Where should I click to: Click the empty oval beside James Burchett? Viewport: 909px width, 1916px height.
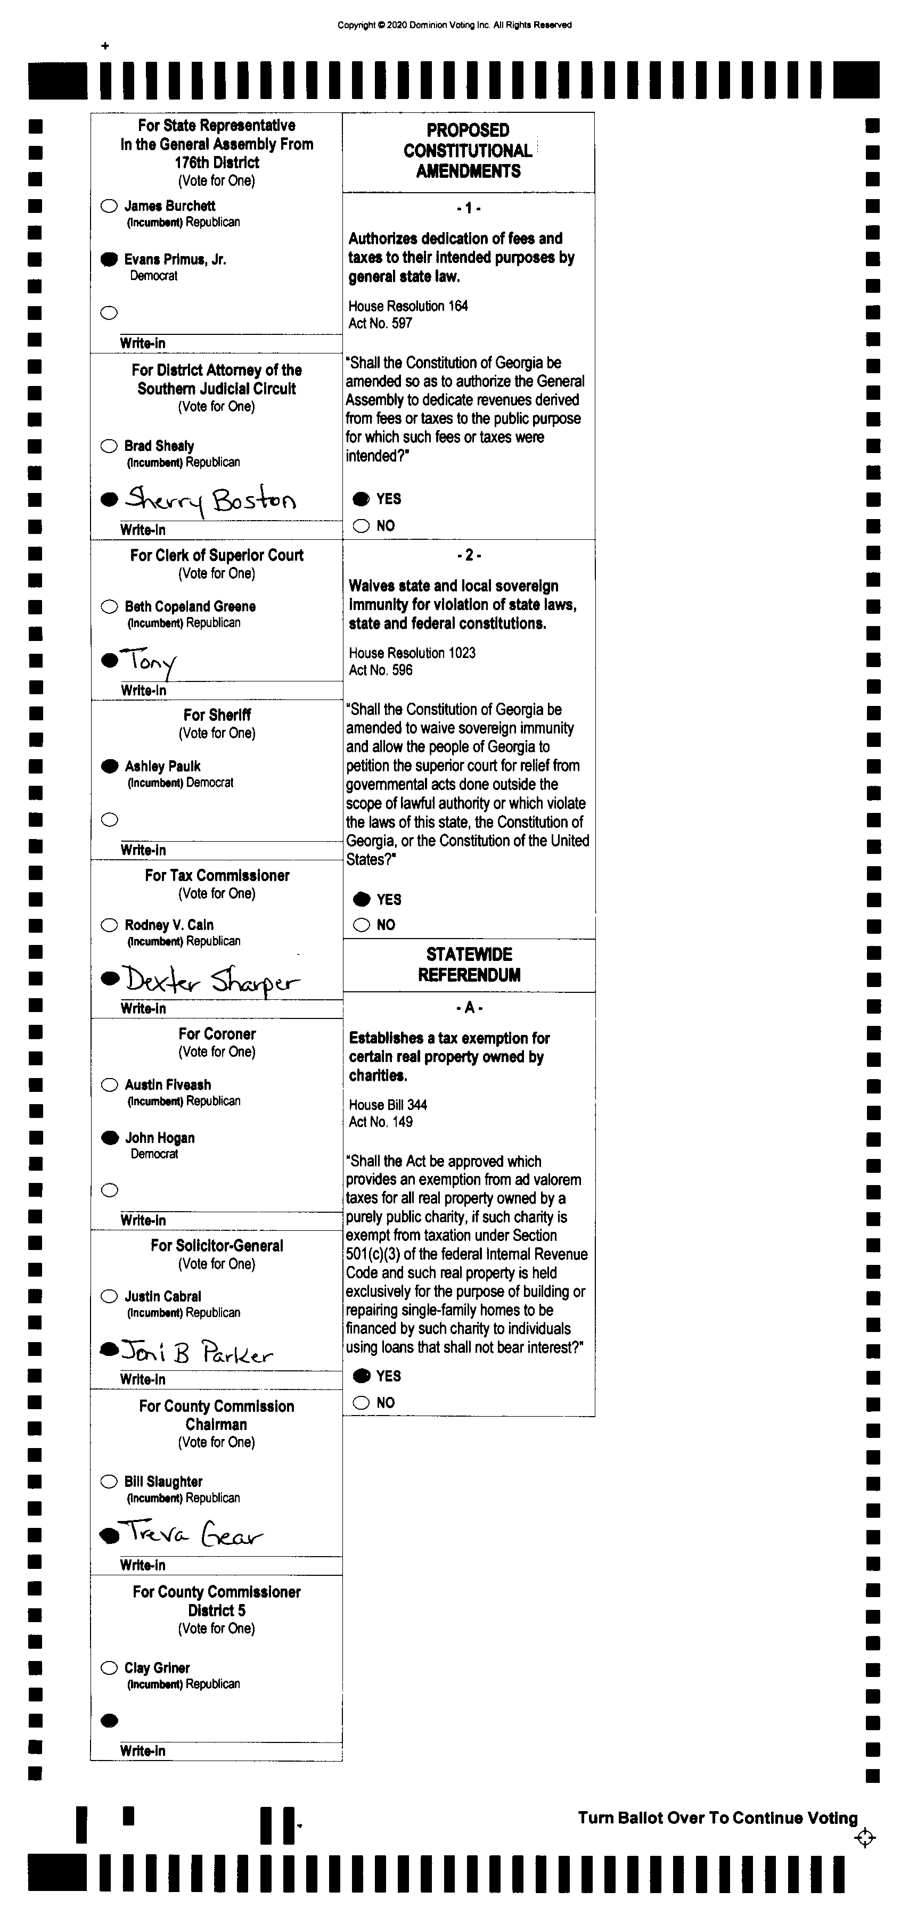(109, 206)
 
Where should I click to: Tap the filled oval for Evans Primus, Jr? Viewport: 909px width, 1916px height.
(109, 260)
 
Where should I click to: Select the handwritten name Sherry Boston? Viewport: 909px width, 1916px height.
(210, 499)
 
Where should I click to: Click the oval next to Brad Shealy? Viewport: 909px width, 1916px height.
(109, 446)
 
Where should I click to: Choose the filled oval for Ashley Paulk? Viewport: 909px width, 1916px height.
(109, 766)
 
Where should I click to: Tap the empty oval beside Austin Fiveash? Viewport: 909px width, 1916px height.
(109, 1085)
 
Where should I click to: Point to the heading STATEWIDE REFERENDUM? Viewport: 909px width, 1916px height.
(469, 965)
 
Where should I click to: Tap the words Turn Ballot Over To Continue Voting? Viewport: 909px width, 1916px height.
(717, 1819)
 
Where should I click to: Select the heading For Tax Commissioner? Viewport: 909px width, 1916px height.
(217, 875)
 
